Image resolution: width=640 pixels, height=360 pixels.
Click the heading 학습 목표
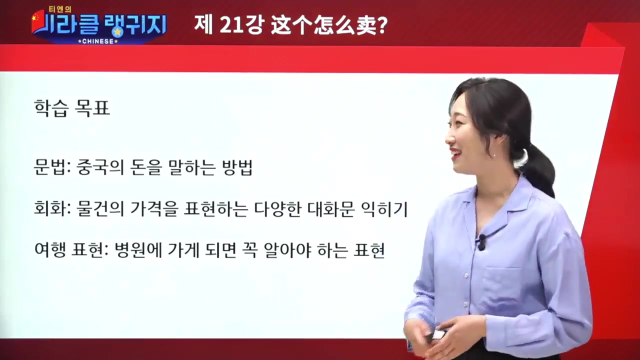71,107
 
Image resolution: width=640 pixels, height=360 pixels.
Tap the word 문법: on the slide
51,168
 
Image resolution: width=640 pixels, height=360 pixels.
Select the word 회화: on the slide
51,209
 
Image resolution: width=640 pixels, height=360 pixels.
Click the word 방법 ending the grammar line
236,168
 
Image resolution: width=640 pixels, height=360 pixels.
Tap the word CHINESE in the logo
98,41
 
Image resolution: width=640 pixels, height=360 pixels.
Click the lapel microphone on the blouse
481,242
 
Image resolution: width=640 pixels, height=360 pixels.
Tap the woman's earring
494,154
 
